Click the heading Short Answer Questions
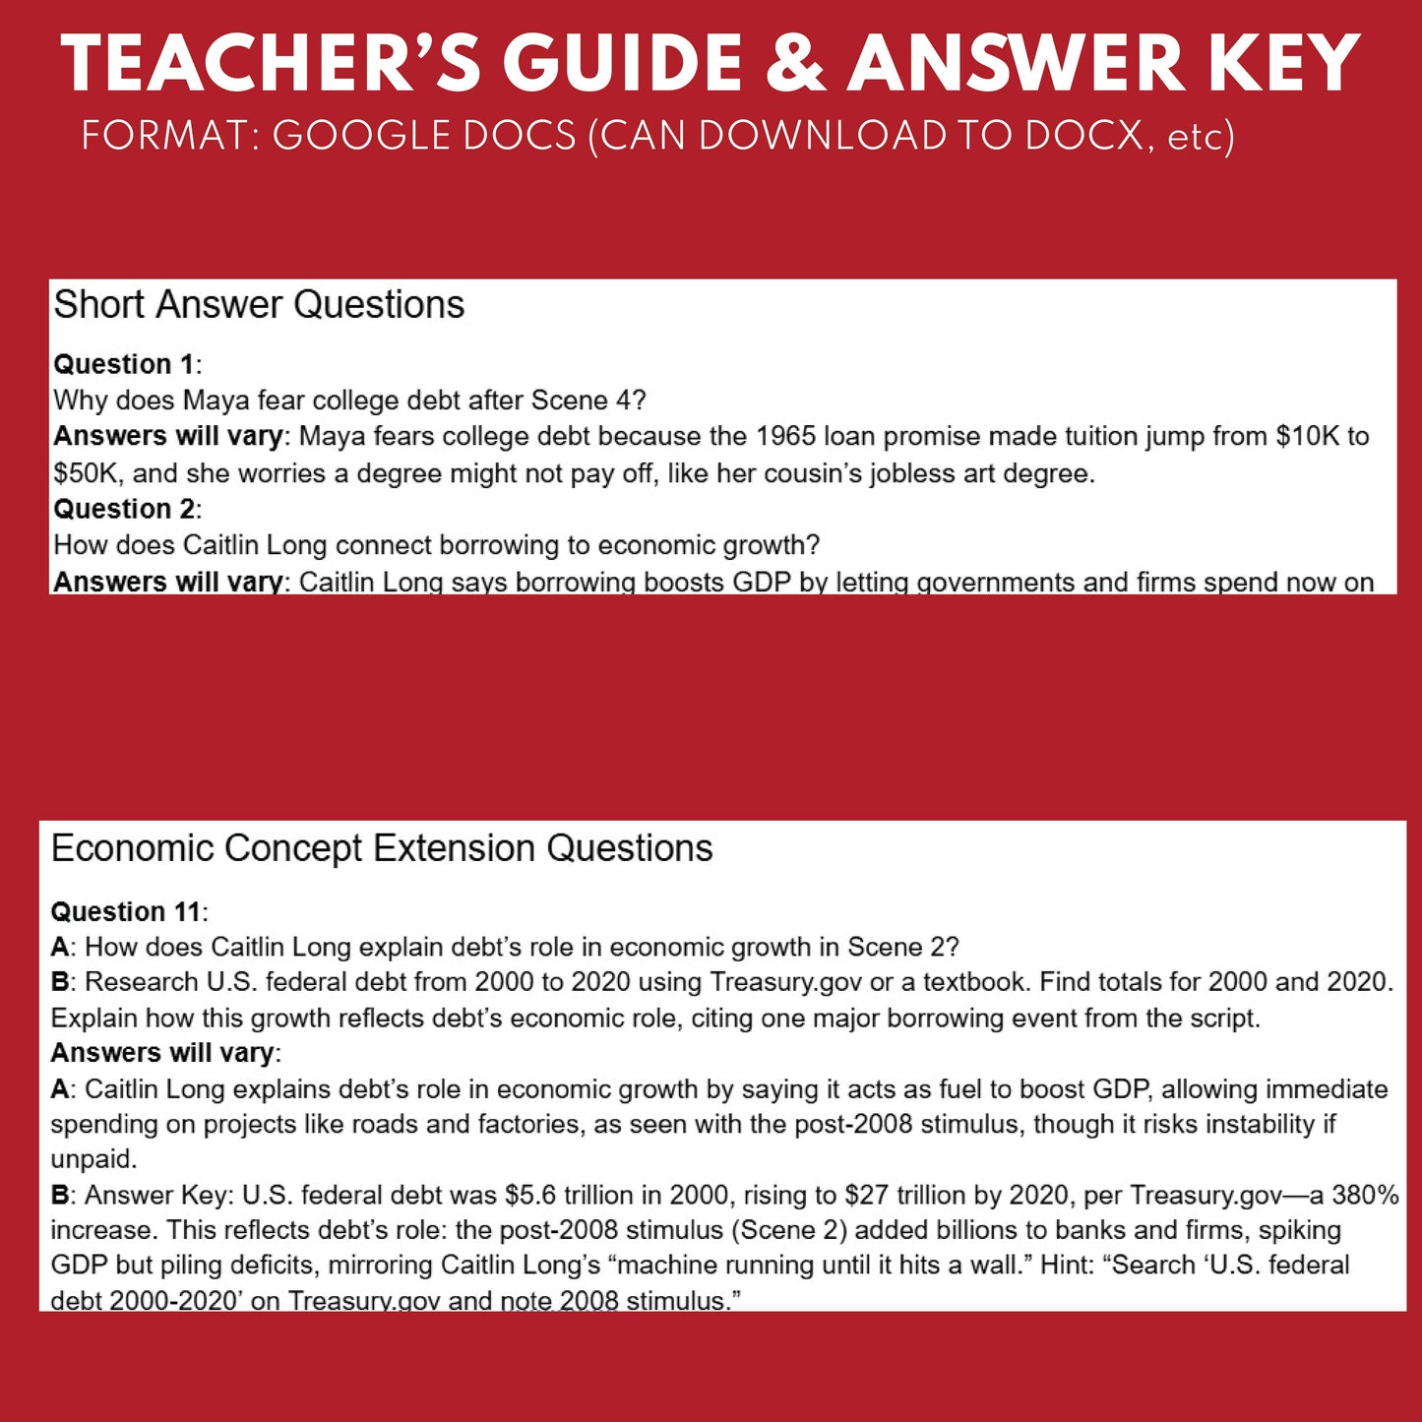[259, 305]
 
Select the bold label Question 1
[125, 364]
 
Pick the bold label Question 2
[125, 509]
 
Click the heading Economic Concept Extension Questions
[382, 848]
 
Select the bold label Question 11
[127, 911]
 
